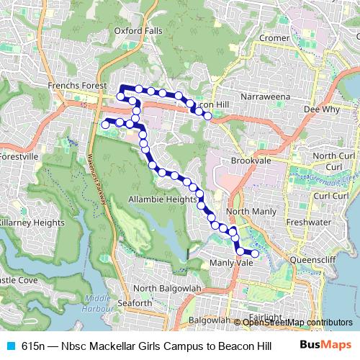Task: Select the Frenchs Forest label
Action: pyautogui.click(x=78, y=86)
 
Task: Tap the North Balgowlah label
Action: pyautogui.click(x=165, y=289)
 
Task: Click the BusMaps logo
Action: pyautogui.click(x=325, y=346)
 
